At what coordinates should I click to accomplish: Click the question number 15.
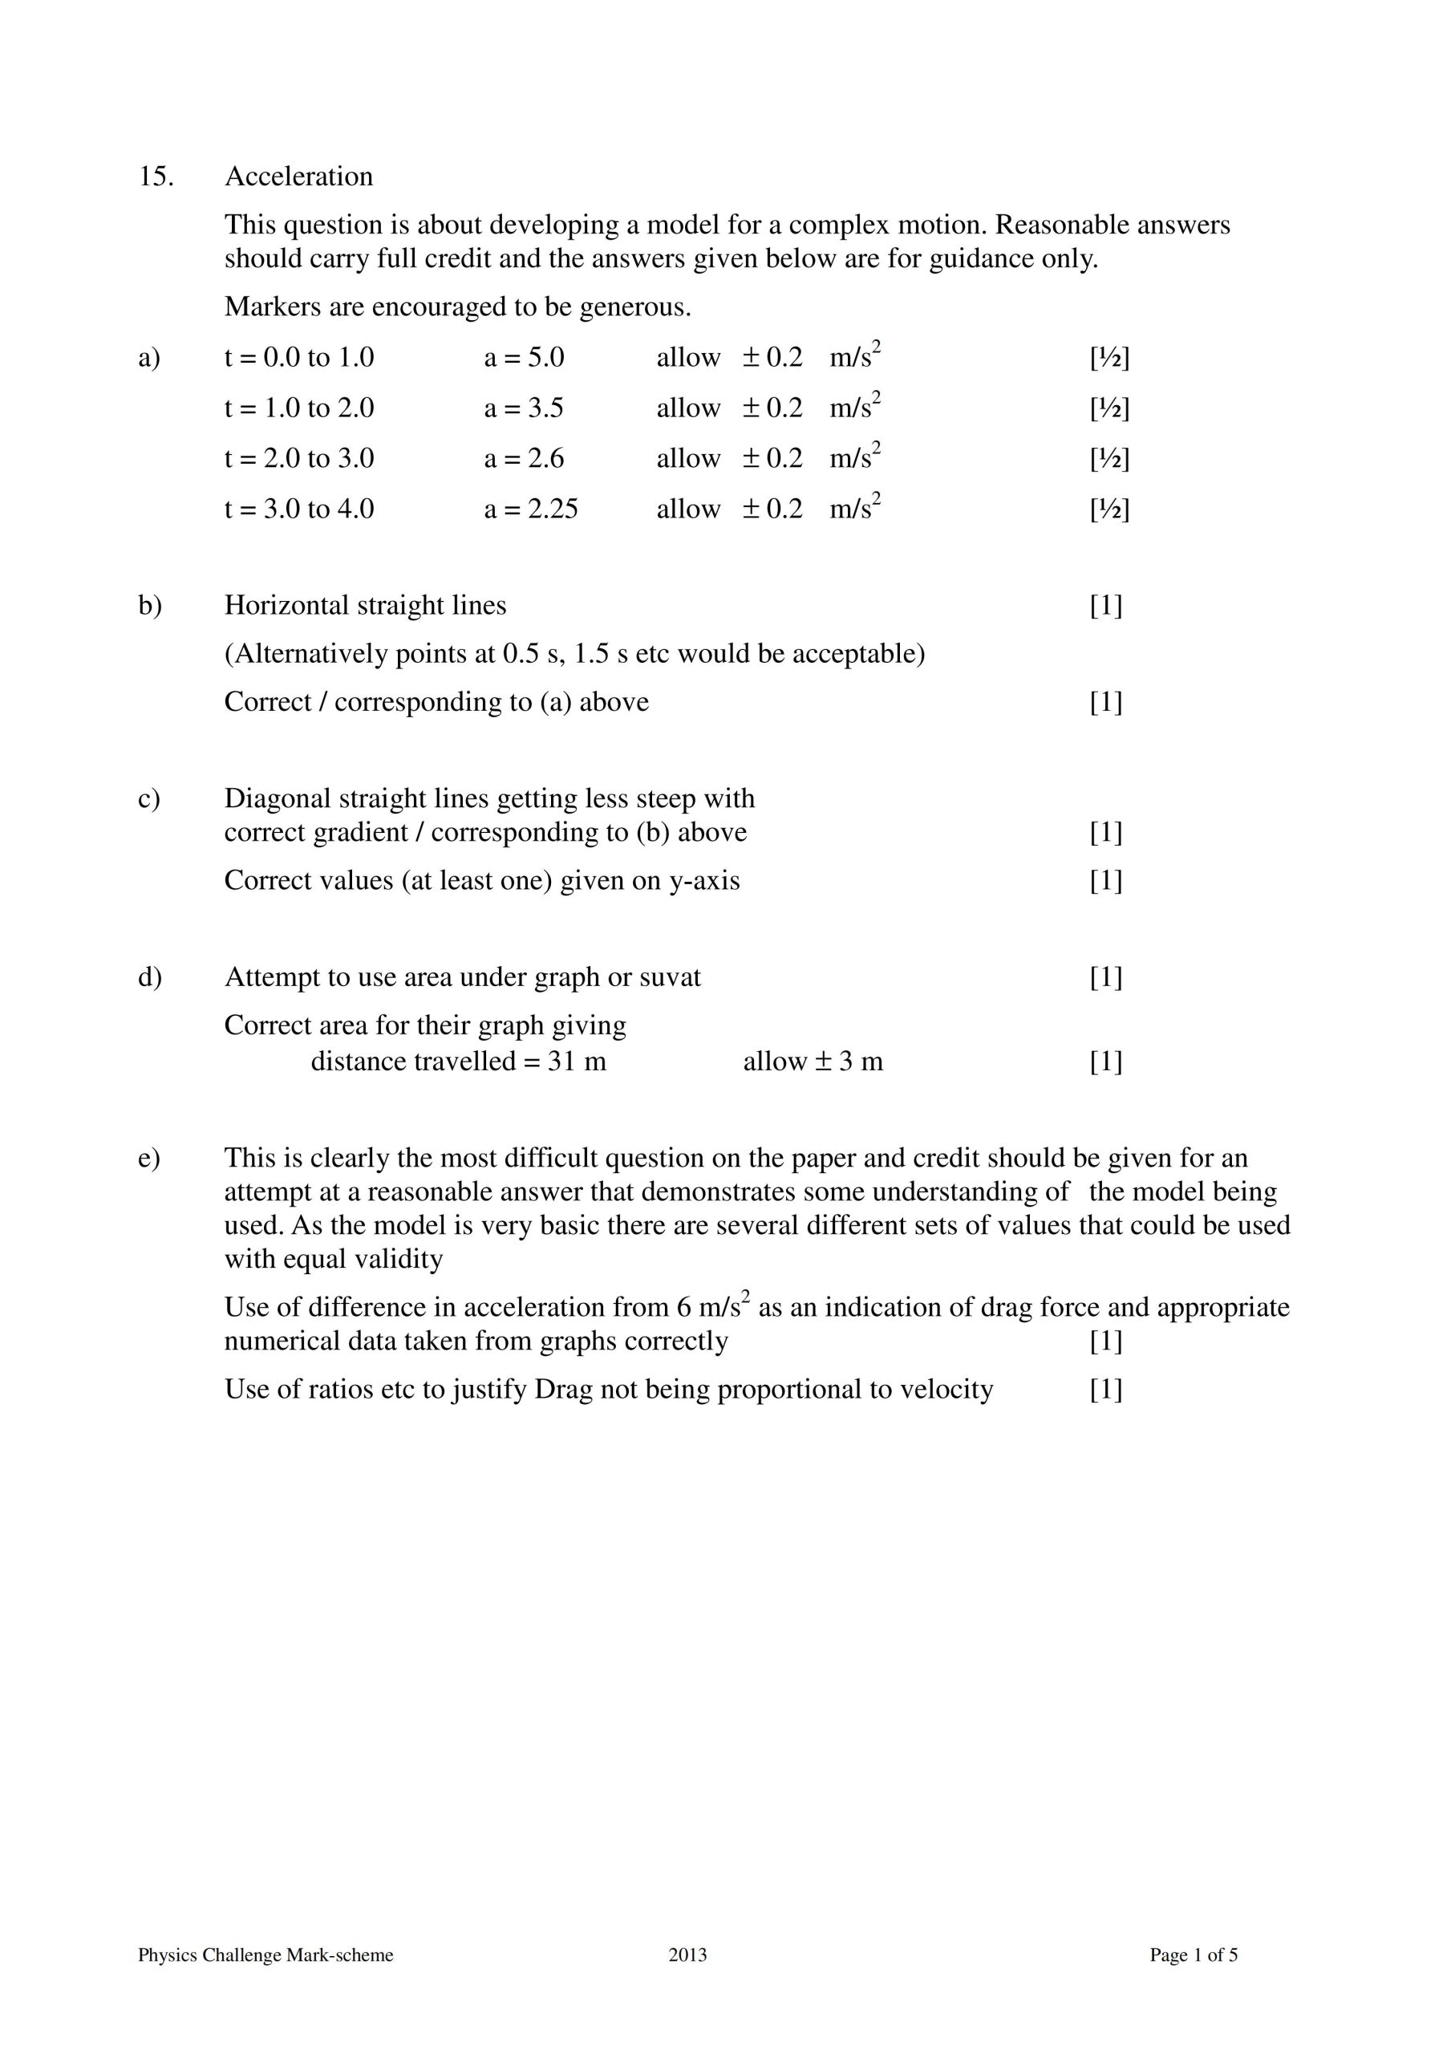coord(155,177)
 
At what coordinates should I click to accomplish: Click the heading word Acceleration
coord(299,177)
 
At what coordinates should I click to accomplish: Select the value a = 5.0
coord(525,358)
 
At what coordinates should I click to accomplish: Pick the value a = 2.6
coord(525,459)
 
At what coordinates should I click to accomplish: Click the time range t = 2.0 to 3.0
coord(299,459)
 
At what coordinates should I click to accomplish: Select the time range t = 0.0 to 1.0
coord(299,358)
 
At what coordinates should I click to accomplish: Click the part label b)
coord(149,606)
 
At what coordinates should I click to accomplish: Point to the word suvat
coord(670,977)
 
